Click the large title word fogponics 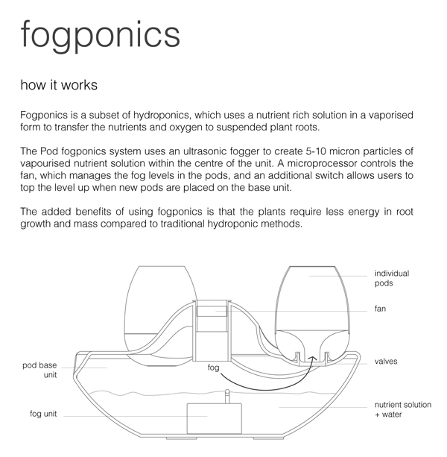101,34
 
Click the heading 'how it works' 59,85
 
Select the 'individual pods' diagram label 391,278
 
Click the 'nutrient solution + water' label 402,409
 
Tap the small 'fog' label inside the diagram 215,368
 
